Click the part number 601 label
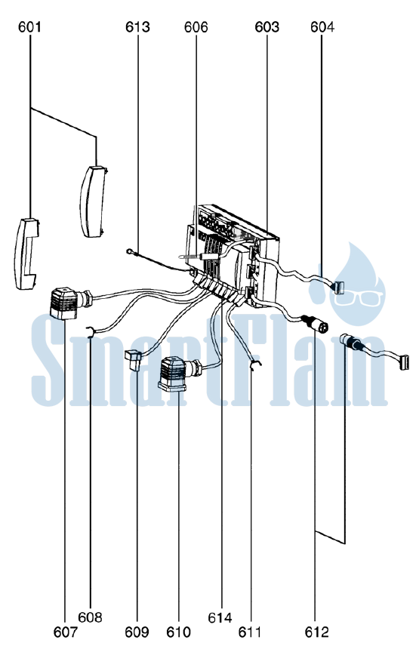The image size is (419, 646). click(29, 27)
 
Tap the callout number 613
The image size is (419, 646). click(137, 27)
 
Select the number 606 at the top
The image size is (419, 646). click(196, 27)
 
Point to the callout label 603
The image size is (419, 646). click(267, 27)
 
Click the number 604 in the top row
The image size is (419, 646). click(322, 27)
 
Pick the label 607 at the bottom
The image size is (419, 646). click(65, 632)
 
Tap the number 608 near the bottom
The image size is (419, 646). click(90, 617)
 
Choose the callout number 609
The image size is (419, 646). click(137, 632)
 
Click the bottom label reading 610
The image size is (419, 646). click(178, 632)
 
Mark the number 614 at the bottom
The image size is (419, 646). click(220, 617)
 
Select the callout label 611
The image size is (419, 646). click(250, 632)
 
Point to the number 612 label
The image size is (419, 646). click(317, 632)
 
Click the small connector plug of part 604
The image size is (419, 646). click(340, 288)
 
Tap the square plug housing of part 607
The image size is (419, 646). click(63, 303)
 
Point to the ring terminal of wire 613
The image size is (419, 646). click(130, 251)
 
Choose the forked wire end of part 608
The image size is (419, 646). click(90, 331)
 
